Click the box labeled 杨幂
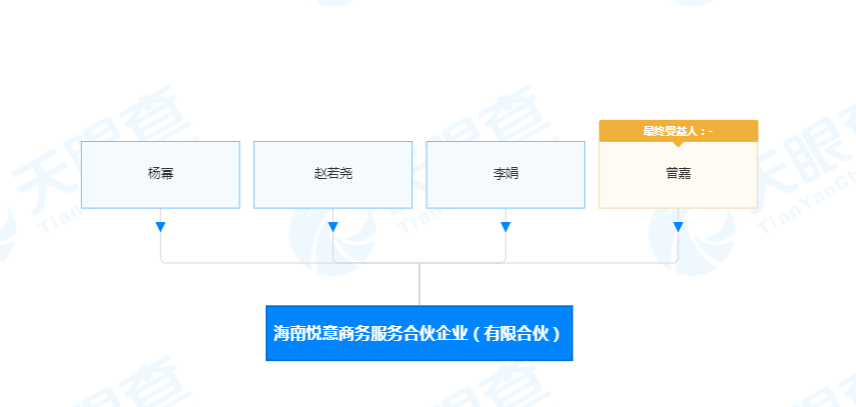(160, 174)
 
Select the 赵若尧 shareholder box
(333, 174)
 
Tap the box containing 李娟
(505, 174)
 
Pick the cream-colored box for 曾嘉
(678, 174)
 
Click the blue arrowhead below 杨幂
(160, 227)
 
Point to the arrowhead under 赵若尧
(333, 227)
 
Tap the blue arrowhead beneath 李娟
(505, 227)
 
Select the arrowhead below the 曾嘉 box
(678, 227)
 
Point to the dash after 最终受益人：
(710, 131)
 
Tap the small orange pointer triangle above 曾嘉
(678, 144)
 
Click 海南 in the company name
(289, 333)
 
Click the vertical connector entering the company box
(420, 285)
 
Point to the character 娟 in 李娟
(512, 174)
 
